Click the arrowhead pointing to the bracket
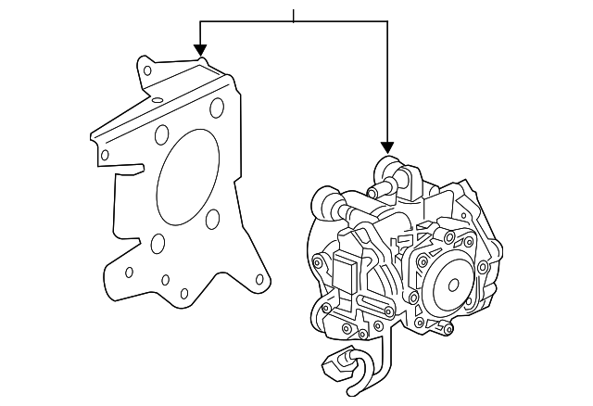199,50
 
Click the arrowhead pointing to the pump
386,147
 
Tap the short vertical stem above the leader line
293,16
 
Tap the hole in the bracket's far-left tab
105,154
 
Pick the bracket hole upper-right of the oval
217,109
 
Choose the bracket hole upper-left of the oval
163,132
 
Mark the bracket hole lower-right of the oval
212,218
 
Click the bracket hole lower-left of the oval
157,244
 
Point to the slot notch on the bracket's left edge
130,169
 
